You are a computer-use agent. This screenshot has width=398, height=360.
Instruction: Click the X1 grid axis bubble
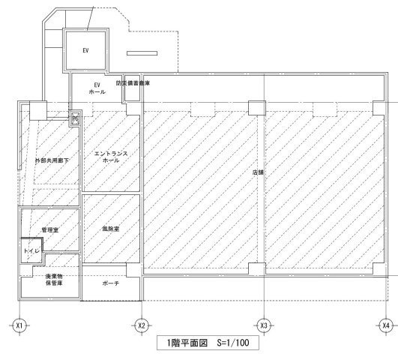19,325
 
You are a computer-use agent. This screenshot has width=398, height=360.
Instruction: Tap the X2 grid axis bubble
141,325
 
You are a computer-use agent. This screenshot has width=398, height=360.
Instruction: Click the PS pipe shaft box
75,118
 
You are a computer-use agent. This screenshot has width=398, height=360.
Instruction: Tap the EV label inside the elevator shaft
85,52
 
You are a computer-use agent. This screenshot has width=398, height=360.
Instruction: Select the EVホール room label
97,88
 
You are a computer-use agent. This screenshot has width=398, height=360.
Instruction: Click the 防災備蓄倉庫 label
133,84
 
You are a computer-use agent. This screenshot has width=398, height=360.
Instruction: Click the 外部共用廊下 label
52,160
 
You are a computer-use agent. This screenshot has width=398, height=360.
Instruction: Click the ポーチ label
111,285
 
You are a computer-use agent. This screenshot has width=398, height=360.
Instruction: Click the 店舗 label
258,172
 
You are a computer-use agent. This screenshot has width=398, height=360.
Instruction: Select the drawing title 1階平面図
184,343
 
